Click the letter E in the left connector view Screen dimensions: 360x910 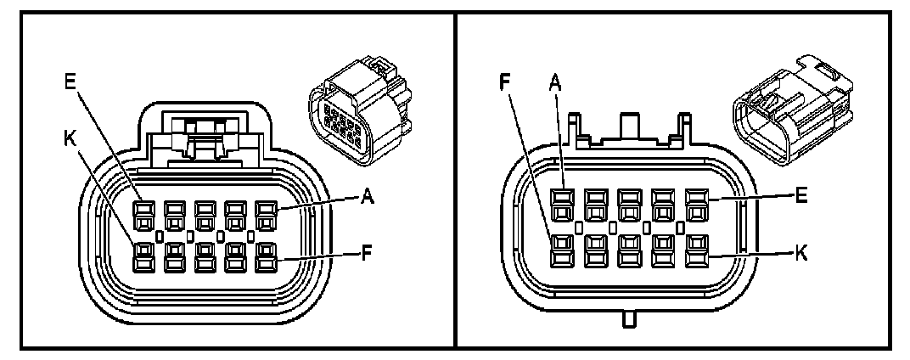70,83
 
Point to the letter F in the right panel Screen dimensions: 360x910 507,83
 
